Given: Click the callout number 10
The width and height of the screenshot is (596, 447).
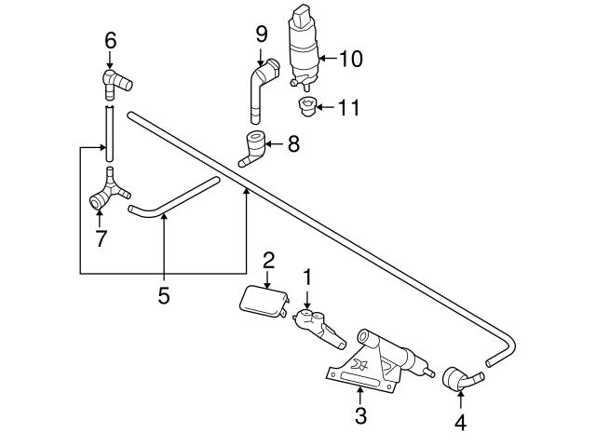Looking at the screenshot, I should point(350,60).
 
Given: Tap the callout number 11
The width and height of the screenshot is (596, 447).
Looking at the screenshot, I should point(347,108).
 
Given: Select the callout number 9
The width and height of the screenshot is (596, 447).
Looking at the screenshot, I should point(262,34).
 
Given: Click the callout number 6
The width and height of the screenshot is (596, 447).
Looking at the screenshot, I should point(110,40).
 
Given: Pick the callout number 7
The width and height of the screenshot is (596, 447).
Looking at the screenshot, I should point(100,238).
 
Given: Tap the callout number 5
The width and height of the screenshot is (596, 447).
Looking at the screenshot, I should point(163,296).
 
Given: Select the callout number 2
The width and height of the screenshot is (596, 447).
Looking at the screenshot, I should point(267,259).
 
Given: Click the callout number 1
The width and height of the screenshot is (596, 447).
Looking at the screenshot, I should point(306,277).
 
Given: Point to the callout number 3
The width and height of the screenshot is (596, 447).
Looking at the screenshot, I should point(360,415).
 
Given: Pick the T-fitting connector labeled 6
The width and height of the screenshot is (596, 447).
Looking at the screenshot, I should point(113,81).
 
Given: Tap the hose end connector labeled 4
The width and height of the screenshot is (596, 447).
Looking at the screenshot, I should point(461,379).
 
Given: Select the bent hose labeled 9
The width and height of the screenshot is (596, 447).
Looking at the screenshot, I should point(260,89).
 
